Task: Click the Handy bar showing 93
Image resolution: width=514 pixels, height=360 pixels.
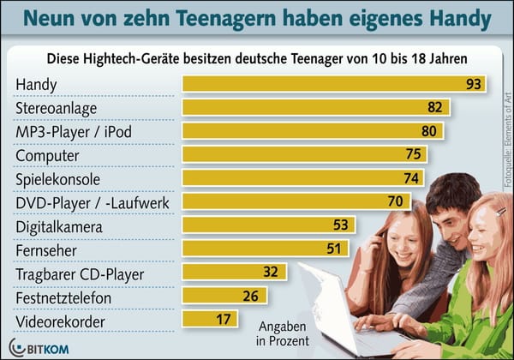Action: [x=334, y=85]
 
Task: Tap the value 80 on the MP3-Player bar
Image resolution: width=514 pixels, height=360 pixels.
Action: [x=429, y=131]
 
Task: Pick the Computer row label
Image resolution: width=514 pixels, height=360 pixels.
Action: [x=48, y=156]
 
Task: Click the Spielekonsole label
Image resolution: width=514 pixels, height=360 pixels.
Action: [x=58, y=179]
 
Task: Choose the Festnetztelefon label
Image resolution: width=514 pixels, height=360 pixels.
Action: [x=63, y=297]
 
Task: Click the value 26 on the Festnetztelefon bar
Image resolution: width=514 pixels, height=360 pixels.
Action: [x=251, y=297]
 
